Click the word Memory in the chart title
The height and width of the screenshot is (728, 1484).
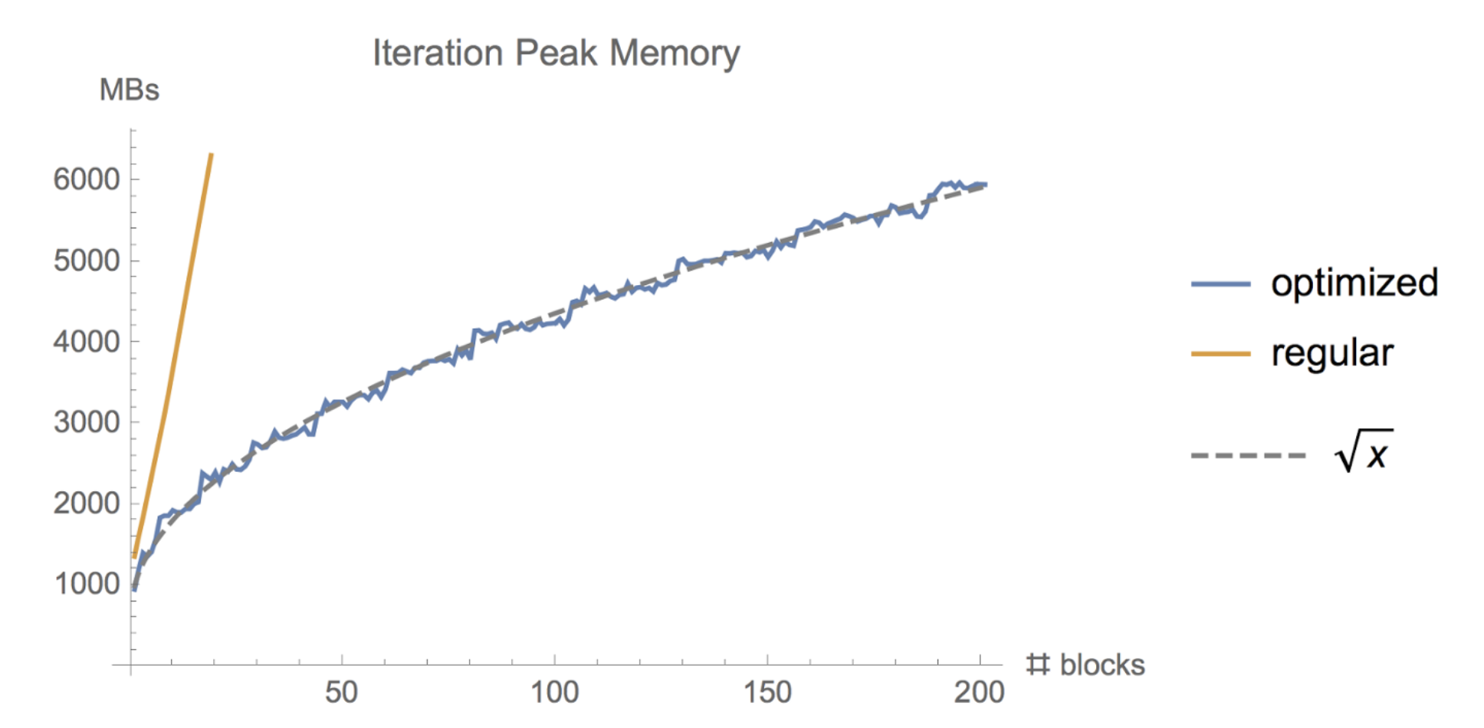pos(674,54)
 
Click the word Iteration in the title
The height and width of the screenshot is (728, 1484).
pos(438,54)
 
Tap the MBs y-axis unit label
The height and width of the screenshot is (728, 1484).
pos(129,90)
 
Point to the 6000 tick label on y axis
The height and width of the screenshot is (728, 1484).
pos(87,179)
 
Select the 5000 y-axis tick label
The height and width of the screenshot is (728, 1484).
pos(87,261)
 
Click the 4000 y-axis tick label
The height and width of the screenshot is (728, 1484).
pos(87,342)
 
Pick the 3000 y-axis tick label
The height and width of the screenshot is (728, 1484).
pos(87,422)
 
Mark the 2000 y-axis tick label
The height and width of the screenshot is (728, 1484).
pos(87,503)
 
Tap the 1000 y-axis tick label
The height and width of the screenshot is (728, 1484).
pos(87,584)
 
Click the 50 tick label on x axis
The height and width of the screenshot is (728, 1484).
pos(341,693)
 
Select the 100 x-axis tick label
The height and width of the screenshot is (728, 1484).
pos(554,693)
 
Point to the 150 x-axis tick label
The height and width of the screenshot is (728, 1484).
pos(767,693)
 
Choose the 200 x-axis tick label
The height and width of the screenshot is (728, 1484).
pos(979,693)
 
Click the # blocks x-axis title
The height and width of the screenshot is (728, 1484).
pos(1085,665)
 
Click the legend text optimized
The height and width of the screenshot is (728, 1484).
pos(1354,284)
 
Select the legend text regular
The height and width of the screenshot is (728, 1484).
pos(1331,353)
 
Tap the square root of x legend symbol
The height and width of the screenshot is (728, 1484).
pos(1364,452)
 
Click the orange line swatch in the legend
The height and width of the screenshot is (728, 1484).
pos(1220,354)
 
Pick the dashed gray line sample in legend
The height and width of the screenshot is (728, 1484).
pos(1248,456)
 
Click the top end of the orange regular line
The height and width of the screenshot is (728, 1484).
pos(211,156)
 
